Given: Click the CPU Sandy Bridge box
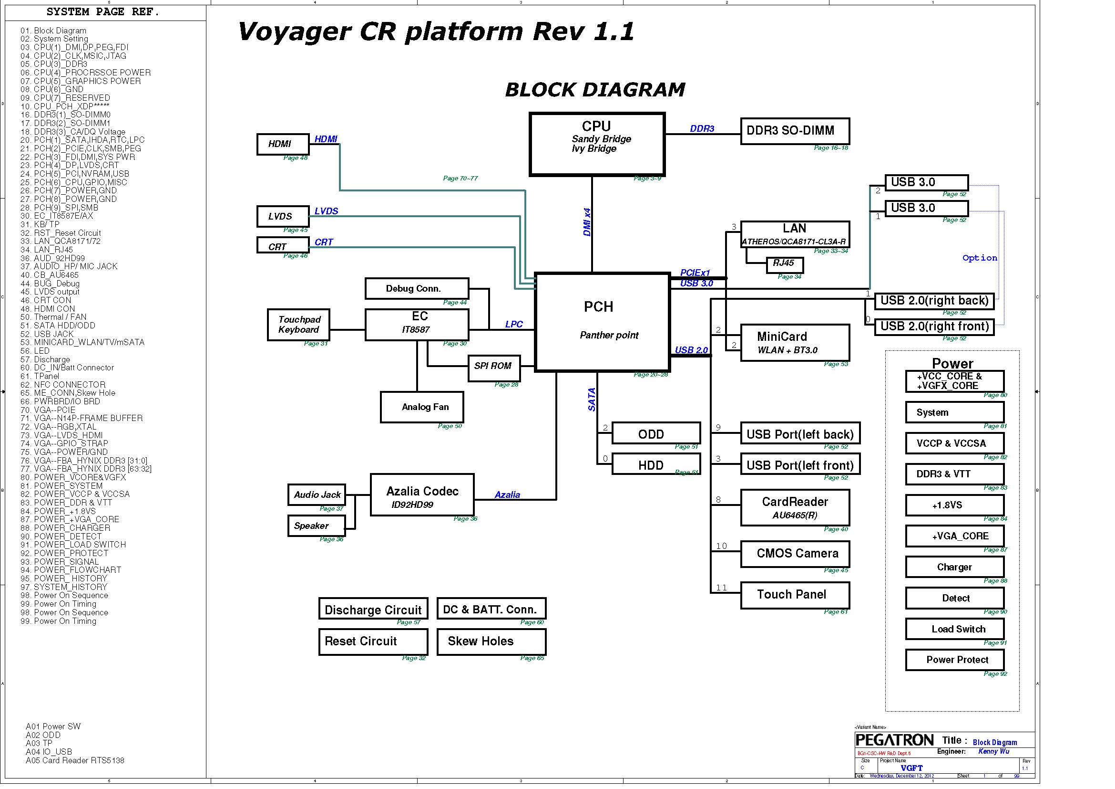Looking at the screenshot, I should pos(597,144).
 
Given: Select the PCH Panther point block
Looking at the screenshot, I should pos(602,322).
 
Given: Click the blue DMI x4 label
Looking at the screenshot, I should pos(587,222).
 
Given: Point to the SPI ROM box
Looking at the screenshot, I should pos(493,368).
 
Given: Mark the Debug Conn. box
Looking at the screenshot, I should pos(416,289).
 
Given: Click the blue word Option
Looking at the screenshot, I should pos(980,258).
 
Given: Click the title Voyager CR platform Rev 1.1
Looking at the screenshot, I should pos(436,32).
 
